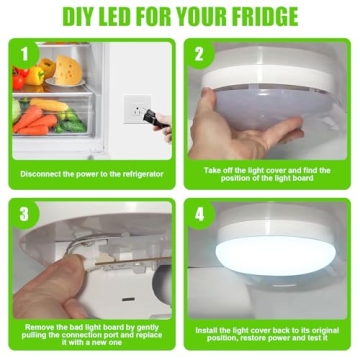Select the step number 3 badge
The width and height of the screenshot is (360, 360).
tap(24, 212)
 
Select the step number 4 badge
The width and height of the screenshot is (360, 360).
tap(198, 212)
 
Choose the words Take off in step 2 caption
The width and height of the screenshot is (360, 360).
tap(213, 172)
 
